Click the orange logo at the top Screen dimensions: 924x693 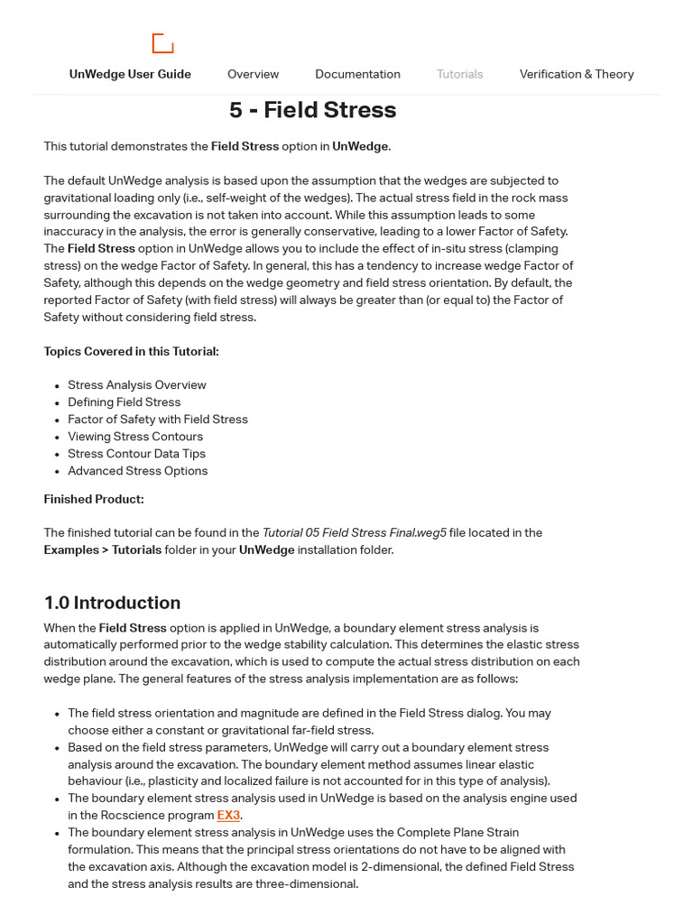[x=162, y=43]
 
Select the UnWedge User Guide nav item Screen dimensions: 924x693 [x=130, y=74]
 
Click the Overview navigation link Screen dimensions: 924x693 [x=253, y=74]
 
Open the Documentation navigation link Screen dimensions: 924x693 [x=357, y=74]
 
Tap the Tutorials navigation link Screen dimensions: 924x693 [x=459, y=74]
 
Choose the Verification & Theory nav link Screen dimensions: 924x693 [x=576, y=74]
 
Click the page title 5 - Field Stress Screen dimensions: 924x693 [x=312, y=110]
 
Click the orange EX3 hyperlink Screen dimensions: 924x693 [x=228, y=816]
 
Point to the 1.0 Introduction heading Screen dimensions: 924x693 [x=112, y=603]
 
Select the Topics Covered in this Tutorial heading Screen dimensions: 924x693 [x=131, y=352]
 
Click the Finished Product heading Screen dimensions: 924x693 [x=94, y=499]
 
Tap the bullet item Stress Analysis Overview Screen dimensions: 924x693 [x=136, y=385]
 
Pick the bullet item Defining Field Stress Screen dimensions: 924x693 [x=124, y=402]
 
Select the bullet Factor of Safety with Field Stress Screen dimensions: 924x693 [x=157, y=420]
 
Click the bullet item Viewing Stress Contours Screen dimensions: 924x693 [x=134, y=437]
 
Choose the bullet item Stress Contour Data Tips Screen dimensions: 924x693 [x=136, y=454]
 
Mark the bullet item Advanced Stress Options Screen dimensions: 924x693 [x=137, y=471]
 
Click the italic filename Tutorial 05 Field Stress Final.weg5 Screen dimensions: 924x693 [x=354, y=533]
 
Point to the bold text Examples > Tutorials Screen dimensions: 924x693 [x=102, y=550]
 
